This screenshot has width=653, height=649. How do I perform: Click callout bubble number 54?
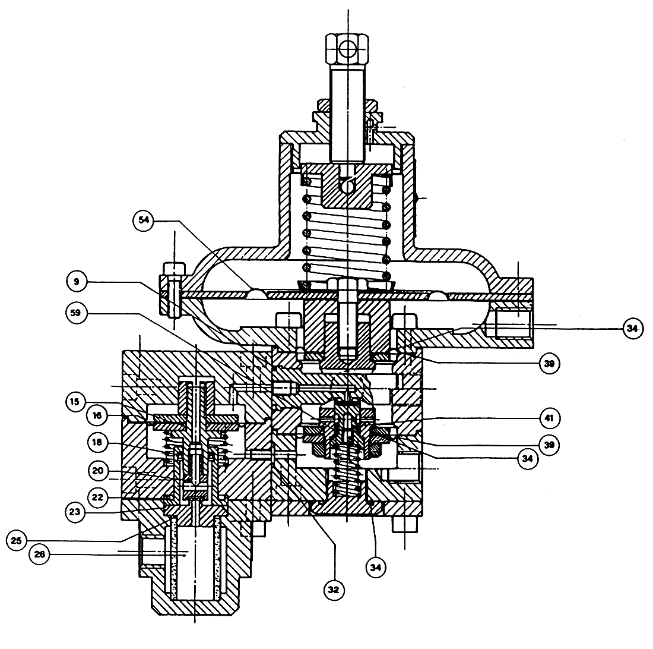144,220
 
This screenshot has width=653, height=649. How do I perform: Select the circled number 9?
77,282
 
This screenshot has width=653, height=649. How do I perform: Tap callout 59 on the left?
76,313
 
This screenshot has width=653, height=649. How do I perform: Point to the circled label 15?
75,402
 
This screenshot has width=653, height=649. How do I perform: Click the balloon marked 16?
97,415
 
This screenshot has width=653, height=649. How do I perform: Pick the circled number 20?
98,471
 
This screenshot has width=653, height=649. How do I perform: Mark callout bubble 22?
97,497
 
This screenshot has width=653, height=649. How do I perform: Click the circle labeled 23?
75,512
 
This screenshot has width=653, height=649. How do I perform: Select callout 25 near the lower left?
17,541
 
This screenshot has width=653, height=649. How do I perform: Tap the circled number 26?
40,555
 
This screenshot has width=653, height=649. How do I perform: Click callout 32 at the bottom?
334,590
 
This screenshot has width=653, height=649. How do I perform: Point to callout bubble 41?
549,418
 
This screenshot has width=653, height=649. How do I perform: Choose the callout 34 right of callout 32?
376,568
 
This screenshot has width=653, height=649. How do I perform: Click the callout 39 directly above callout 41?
549,364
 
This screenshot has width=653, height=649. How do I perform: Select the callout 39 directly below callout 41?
549,445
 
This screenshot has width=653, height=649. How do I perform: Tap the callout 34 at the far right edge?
633,329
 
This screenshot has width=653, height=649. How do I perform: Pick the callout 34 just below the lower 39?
528,459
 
